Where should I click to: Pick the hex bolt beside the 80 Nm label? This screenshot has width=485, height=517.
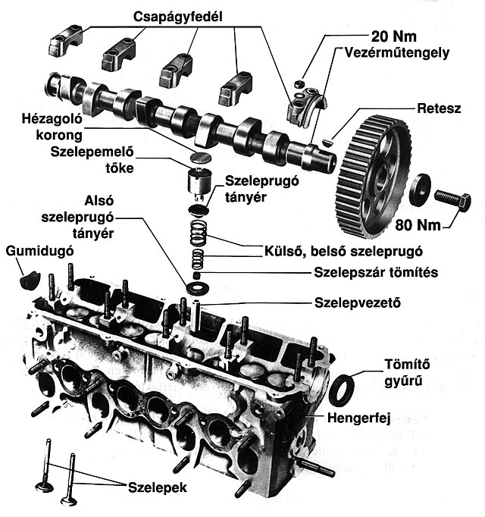452,200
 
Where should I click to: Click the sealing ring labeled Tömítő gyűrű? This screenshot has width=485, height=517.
343,389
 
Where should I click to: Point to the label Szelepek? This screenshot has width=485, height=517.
157,484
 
